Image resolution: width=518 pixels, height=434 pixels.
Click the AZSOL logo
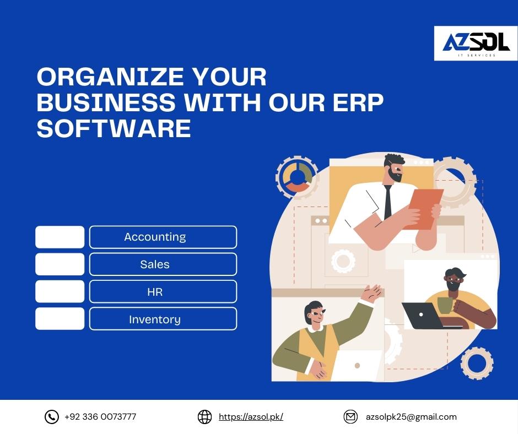(x=476, y=44)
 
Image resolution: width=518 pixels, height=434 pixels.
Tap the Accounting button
(x=163, y=237)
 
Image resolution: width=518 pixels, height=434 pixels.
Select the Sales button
(x=163, y=264)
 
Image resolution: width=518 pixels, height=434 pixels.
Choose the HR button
(x=163, y=291)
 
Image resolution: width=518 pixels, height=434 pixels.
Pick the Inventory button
(x=163, y=319)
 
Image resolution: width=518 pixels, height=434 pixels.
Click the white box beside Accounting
(x=60, y=237)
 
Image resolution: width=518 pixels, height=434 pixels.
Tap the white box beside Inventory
(x=60, y=319)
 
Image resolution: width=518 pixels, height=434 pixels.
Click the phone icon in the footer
(x=52, y=417)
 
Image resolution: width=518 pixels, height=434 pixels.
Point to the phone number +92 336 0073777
(x=100, y=417)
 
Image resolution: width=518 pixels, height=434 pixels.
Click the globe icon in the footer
(x=204, y=417)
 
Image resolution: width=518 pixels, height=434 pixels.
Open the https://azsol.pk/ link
(x=251, y=417)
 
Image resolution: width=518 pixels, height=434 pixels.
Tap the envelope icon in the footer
(x=350, y=417)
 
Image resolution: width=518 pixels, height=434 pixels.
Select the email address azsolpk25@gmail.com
(x=411, y=417)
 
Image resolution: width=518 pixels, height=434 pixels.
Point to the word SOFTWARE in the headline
(x=114, y=128)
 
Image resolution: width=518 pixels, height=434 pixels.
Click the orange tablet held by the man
(x=424, y=208)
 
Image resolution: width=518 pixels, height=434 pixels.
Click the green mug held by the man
(x=445, y=306)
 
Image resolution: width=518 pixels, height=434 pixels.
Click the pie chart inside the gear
(x=298, y=177)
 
